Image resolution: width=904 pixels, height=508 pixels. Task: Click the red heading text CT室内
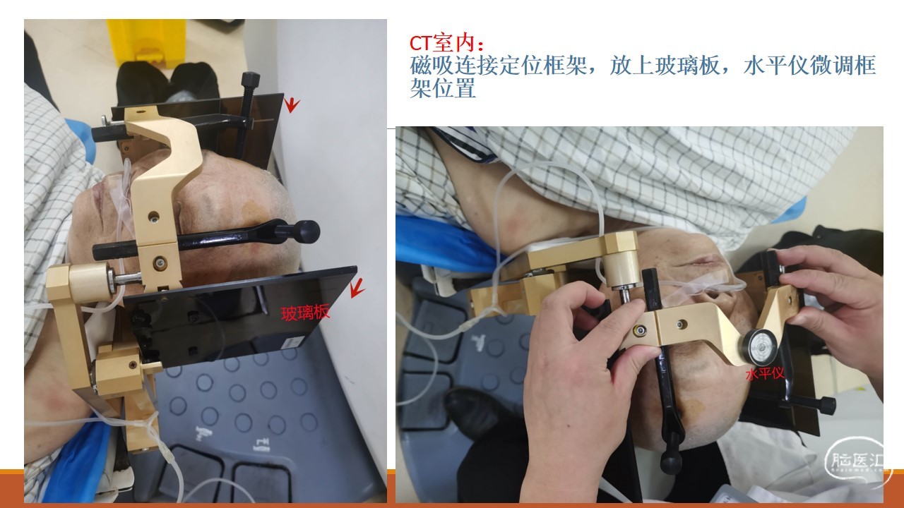(x=442, y=44)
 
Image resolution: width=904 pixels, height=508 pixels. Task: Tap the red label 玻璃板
(x=305, y=313)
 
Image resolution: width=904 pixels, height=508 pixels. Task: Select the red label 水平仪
(x=765, y=374)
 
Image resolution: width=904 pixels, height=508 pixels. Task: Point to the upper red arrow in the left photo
(x=291, y=104)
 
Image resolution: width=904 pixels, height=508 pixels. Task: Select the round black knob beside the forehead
(x=307, y=231)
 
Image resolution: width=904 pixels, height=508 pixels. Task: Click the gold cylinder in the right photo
(x=620, y=270)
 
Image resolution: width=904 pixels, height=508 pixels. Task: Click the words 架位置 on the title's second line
(x=443, y=88)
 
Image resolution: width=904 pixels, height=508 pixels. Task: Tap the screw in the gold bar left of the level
(x=682, y=324)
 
